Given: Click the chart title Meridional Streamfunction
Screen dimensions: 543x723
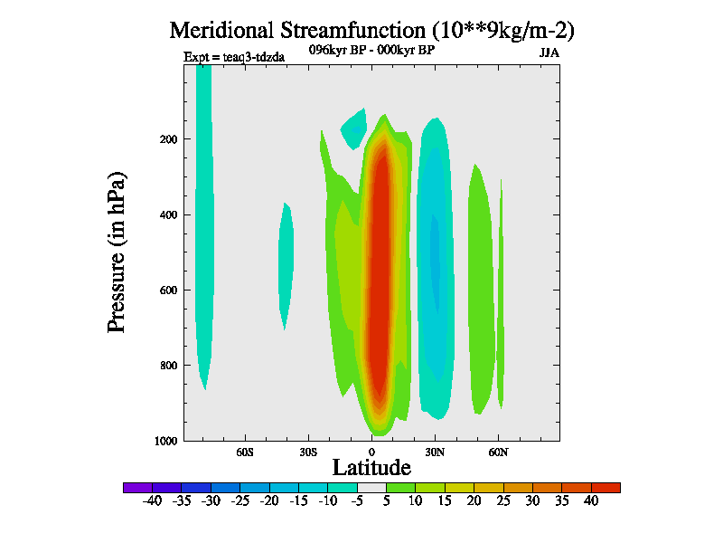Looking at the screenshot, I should pyautogui.click(x=371, y=30).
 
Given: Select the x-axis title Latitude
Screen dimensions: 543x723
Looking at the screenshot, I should pyautogui.click(x=371, y=467).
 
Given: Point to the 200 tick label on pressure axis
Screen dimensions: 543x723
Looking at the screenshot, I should pyautogui.click(x=166, y=139).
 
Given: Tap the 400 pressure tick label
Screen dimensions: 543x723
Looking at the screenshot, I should pyautogui.click(x=166, y=215).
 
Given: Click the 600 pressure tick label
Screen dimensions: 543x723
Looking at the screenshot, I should pyautogui.click(x=166, y=291).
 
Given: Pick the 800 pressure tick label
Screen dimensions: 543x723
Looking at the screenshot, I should pyautogui.click(x=166, y=366).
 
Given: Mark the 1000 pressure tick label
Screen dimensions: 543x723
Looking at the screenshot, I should pyautogui.click(x=164, y=441).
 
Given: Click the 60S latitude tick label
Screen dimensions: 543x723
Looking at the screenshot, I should pyautogui.click(x=245, y=451).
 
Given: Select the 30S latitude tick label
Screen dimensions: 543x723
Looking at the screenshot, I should pyautogui.click(x=308, y=451).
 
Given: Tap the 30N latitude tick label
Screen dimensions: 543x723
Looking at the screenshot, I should pyautogui.click(x=436, y=451).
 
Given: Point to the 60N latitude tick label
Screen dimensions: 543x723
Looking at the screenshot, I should pyautogui.click(x=499, y=451).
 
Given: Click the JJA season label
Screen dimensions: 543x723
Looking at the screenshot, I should pyautogui.click(x=549, y=52).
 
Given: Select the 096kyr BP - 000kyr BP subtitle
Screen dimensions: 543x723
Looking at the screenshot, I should pyautogui.click(x=371, y=51).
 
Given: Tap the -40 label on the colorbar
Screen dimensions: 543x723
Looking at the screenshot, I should pyautogui.click(x=153, y=500).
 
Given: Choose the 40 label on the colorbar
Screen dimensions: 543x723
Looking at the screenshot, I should pyautogui.click(x=590, y=500).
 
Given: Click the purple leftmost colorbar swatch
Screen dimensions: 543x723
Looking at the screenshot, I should pyautogui.click(x=137, y=488).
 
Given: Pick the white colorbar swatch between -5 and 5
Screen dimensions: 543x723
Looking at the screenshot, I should pyautogui.click(x=371, y=488).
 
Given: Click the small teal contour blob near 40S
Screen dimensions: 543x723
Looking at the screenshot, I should pyautogui.click(x=286, y=262).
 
